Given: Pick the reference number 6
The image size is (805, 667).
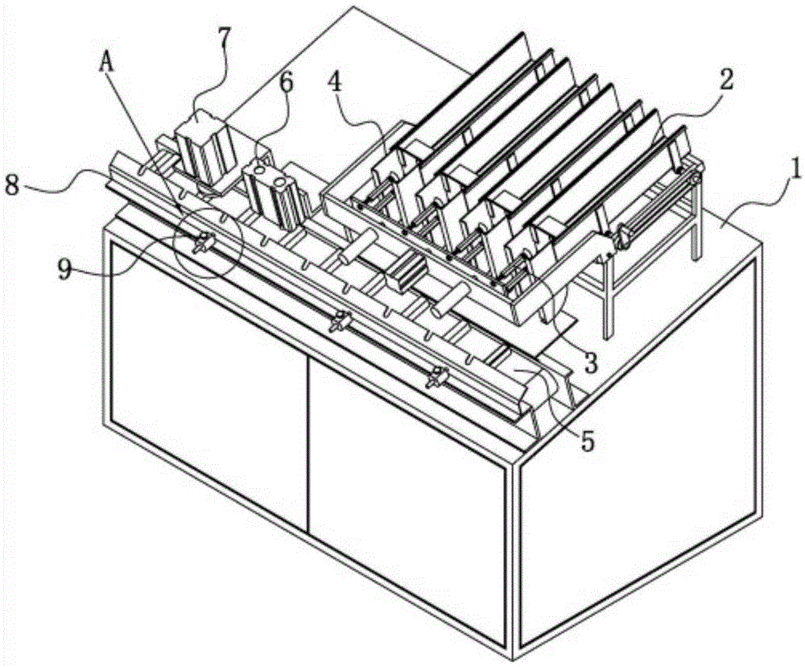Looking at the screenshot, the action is click(x=286, y=82).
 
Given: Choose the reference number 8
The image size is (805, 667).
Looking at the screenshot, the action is click(x=14, y=184).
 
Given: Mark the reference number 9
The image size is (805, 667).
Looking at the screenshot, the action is click(x=64, y=269).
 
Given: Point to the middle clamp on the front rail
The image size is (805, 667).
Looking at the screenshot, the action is click(x=341, y=321).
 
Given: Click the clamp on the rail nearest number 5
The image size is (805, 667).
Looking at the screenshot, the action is click(x=436, y=377).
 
